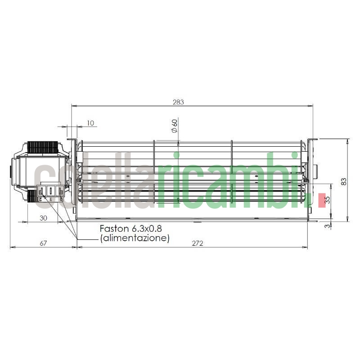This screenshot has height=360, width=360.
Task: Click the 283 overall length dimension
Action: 178,102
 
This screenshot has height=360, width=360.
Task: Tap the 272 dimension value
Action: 197,243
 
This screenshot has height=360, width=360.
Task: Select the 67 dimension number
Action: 43,243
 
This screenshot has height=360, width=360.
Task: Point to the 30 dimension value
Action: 43,218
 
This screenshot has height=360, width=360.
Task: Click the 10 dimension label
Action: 90,123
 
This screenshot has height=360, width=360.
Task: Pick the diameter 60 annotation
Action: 174,126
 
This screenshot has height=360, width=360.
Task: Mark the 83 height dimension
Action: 344,181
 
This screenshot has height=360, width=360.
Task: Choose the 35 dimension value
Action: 328,200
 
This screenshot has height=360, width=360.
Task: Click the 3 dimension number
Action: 328,225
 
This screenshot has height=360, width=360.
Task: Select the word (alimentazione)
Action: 135,238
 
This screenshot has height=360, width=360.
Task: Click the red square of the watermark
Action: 322,200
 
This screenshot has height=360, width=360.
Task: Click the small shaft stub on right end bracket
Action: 315,171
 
